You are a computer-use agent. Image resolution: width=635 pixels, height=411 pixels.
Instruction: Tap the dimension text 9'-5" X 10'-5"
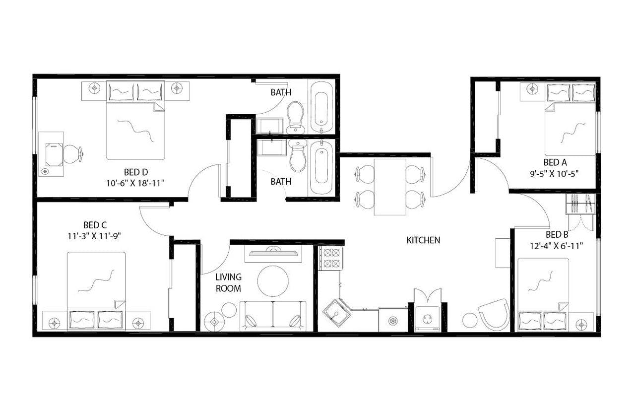click(x=555, y=174)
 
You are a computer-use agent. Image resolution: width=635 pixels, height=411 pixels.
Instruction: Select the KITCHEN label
click(x=423, y=240)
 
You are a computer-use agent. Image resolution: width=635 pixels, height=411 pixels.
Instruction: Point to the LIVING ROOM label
click(x=228, y=282)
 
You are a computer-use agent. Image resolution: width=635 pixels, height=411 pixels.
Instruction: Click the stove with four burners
click(x=330, y=258)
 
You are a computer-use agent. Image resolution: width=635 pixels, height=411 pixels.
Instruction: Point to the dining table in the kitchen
click(x=390, y=187)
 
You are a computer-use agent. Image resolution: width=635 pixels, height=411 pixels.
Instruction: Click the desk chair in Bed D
click(x=72, y=154)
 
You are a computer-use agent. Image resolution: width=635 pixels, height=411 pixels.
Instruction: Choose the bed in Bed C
click(x=96, y=290)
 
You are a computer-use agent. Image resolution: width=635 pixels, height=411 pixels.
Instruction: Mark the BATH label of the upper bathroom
click(x=281, y=92)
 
